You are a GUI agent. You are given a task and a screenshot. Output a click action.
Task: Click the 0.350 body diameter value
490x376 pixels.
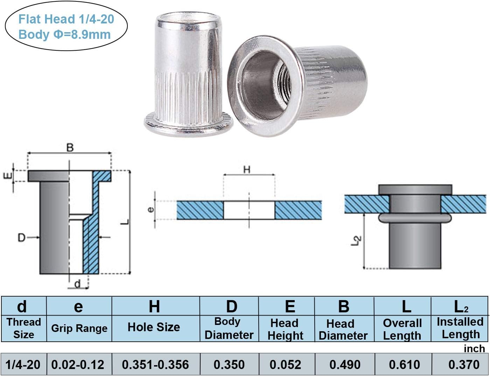tap(229, 364)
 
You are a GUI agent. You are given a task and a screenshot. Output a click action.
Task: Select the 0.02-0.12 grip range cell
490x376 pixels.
tap(78, 364)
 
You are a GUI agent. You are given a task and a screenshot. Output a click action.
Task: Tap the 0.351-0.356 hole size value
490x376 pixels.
tap(155, 364)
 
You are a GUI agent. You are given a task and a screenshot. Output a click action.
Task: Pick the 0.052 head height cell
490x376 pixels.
tap(285, 364)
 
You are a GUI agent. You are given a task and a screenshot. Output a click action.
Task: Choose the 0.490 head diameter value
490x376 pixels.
tap(345, 364)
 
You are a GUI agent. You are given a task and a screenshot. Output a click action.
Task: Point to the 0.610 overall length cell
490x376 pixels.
tap(404, 364)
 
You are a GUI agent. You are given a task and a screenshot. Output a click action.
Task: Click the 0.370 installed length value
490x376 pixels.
tap(464, 364)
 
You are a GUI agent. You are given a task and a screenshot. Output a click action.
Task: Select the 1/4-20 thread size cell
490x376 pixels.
tap(23, 364)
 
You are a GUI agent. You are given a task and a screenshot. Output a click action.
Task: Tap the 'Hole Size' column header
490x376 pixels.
tap(154, 327)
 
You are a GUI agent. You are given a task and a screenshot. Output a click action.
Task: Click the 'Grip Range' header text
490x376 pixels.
tap(79, 328)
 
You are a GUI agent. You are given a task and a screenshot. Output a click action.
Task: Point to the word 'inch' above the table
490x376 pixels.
tap(474, 348)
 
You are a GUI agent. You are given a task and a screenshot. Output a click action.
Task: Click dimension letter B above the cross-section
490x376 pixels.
tap(70, 148)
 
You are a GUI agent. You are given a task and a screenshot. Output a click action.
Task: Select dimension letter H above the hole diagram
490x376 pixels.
tap(247, 170)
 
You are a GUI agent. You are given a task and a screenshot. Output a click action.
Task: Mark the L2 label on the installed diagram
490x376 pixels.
tap(357, 241)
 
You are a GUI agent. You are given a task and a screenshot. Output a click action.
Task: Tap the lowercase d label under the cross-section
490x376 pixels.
tap(77, 284)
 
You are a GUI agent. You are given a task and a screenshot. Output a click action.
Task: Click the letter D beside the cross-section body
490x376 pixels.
tap(21, 238)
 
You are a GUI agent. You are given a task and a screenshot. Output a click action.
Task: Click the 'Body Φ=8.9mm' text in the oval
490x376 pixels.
tap(64, 35)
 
